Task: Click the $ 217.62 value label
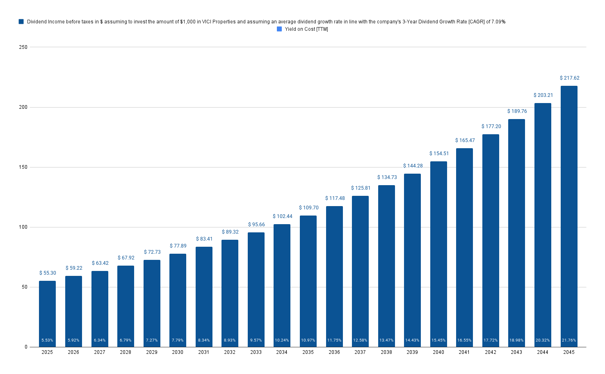coord(569,78)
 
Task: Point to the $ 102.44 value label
coord(282,216)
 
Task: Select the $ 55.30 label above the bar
coord(48,273)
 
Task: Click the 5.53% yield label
coord(47,340)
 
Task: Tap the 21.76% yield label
coord(569,340)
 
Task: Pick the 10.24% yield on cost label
coord(282,340)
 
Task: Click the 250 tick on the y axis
coord(23,47)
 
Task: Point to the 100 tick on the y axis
coord(23,227)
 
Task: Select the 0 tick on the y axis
coord(26,347)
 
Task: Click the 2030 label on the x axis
coord(178,352)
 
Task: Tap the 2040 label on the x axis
coord(438,352)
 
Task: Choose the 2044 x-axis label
coord(543,352)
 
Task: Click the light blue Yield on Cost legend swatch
coord(279,29)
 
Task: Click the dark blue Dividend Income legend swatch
coord(21,22)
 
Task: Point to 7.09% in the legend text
coord(498,22)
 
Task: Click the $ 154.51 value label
coord(439,154)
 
